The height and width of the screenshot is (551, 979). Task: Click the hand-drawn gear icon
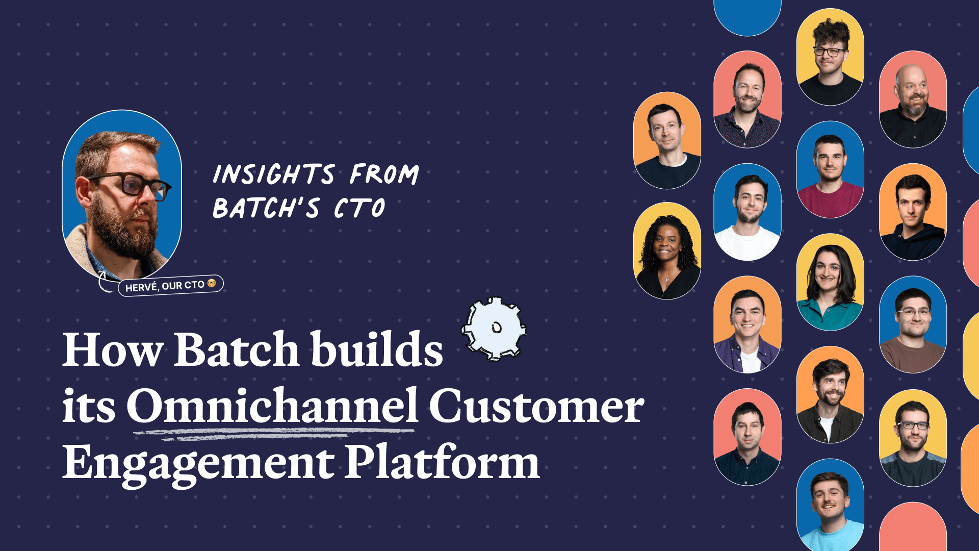pos(494,329)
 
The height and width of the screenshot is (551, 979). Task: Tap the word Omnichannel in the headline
pos(273,406)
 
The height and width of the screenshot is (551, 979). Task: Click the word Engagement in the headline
pos(198,465)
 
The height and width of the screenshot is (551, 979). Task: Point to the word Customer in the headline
pos(536,406)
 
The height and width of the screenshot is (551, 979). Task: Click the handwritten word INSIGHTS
pos(274,174)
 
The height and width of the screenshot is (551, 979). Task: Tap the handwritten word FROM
pos(384,174)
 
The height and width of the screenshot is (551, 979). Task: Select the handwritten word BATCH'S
pos(266,208)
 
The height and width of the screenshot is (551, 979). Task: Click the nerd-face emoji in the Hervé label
pos(212,283)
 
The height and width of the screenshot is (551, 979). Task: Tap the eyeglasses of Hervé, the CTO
pos(130,184)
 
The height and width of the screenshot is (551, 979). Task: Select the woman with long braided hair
pos(667,251)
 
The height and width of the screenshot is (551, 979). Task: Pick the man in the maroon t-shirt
pos(830,169)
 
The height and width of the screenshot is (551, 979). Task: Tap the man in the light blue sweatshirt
pos(830,505)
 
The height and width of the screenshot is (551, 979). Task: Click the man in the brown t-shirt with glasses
pos(913,324)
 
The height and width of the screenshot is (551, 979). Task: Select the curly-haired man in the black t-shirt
pos(830,57)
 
